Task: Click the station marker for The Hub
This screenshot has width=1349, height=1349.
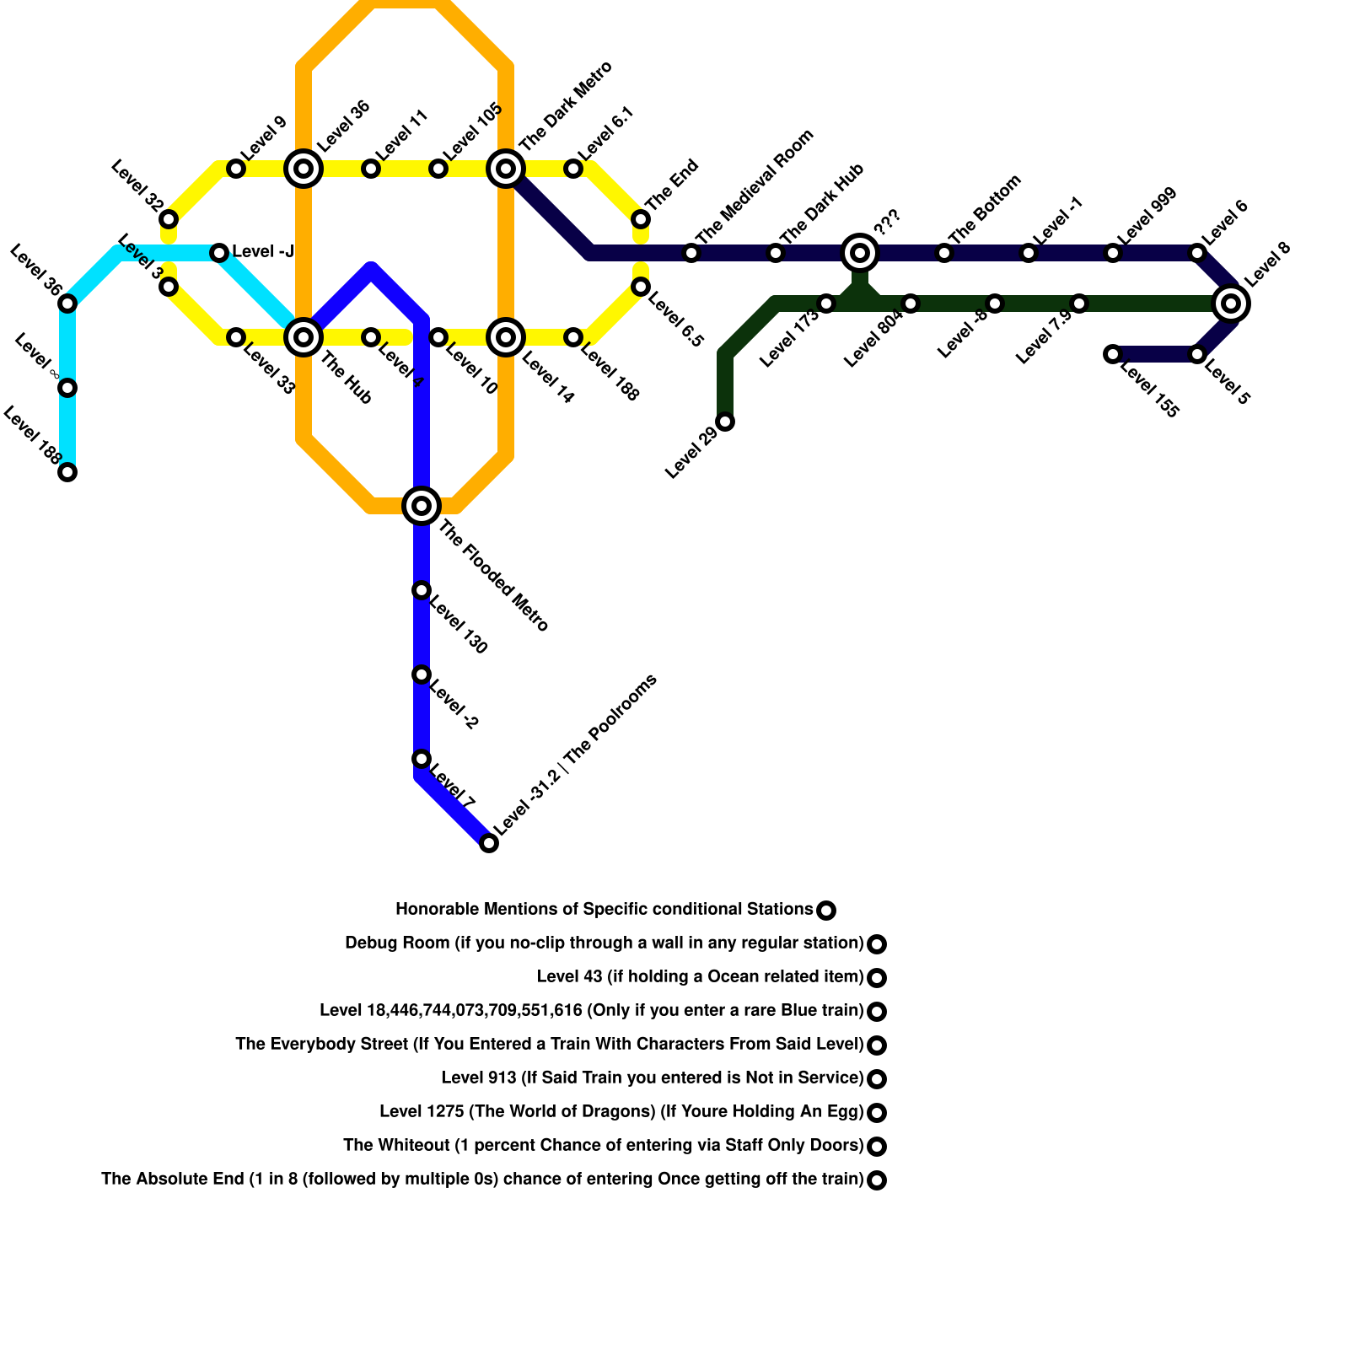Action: pos(304,337)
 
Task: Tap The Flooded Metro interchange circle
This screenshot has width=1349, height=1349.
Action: pos(422,506)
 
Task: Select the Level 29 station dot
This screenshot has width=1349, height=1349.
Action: pos(725,422)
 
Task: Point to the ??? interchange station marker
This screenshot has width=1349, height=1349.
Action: pos(860,252)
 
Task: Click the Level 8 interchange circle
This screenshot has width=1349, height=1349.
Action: pos(1231,304)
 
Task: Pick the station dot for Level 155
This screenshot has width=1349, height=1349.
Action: pos(1113,354)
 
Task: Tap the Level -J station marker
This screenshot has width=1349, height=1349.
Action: pos(219,253)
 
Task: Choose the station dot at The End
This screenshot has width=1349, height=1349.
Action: pos(641,219)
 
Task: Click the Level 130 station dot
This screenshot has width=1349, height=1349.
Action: pos(422,590)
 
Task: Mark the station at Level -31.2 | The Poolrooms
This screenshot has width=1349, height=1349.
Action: pos(489,843)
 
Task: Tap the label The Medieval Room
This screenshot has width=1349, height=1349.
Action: pos(755,186)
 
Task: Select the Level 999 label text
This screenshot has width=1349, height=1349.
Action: pos(1147,216)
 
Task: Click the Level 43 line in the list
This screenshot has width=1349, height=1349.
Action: pos(700,977)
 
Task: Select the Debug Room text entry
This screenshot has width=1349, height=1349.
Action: pos(604,943)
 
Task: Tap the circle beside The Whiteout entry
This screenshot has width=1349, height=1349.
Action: pos(877,1147)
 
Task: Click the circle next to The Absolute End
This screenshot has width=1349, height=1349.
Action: pos(877,1180)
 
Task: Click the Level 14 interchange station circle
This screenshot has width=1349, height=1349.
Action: pos(506,337)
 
